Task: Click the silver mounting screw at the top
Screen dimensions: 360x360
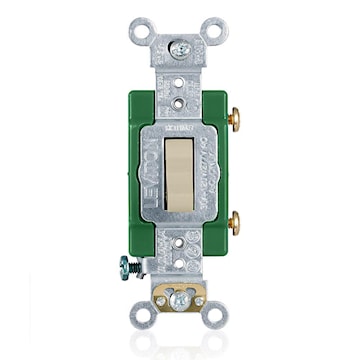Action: pos(181,47)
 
